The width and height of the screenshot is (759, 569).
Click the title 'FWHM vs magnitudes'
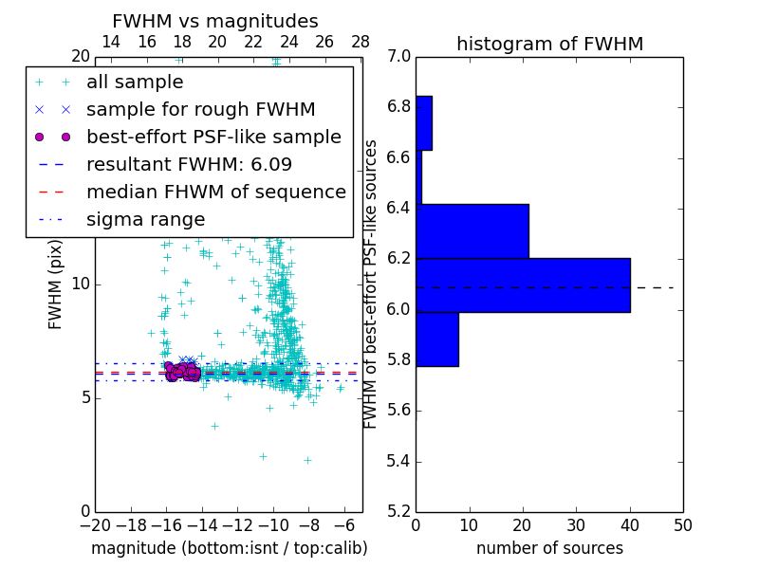[214, 22]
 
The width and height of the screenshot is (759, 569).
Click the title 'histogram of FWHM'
[549, 44]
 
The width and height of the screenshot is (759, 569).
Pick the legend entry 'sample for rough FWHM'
[200, 110]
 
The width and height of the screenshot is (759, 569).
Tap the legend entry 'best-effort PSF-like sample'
[213, 138]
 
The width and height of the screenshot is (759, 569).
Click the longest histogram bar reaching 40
[523, 284]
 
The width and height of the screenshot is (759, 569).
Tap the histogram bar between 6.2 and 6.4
[472, 230]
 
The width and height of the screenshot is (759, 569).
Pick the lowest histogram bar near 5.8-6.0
[436, 339]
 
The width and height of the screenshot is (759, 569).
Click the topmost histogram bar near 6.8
[423, 122]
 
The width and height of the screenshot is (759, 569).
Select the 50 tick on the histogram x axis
[682, 524]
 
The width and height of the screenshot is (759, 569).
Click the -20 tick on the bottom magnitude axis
[94, 524]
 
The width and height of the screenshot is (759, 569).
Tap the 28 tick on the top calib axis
[361, 42]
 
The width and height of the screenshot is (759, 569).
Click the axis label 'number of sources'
[549, 548]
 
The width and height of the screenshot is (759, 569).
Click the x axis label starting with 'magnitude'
[229, 548]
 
